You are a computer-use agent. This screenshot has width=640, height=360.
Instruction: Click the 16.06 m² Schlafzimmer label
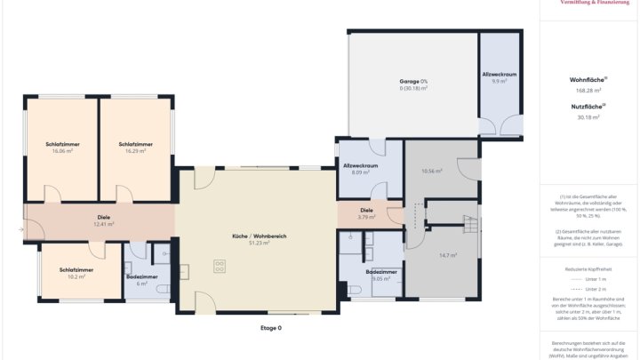tap(62, 147)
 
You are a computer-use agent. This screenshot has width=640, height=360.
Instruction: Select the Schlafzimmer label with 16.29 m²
tap(135, 147)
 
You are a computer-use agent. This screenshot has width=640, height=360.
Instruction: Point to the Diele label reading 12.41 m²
tap(104, 220)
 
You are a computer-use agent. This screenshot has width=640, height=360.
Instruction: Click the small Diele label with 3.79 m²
tap(366, 213)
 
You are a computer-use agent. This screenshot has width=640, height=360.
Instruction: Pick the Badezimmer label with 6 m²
tap(141, 280)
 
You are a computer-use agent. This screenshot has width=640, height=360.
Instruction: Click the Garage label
tap(413, 84)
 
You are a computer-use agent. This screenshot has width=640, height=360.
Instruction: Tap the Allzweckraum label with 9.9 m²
tap(500, 76)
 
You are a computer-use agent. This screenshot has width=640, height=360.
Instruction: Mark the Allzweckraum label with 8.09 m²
tap(361, 169)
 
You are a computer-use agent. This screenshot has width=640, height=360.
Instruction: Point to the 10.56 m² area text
tap(432, 171)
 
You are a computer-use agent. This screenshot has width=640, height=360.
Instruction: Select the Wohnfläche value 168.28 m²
tap(588, 90)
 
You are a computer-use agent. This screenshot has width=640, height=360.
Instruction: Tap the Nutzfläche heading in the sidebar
tap(588, 107)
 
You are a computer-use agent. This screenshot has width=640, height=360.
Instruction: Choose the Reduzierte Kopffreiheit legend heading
tap(588, 267)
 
